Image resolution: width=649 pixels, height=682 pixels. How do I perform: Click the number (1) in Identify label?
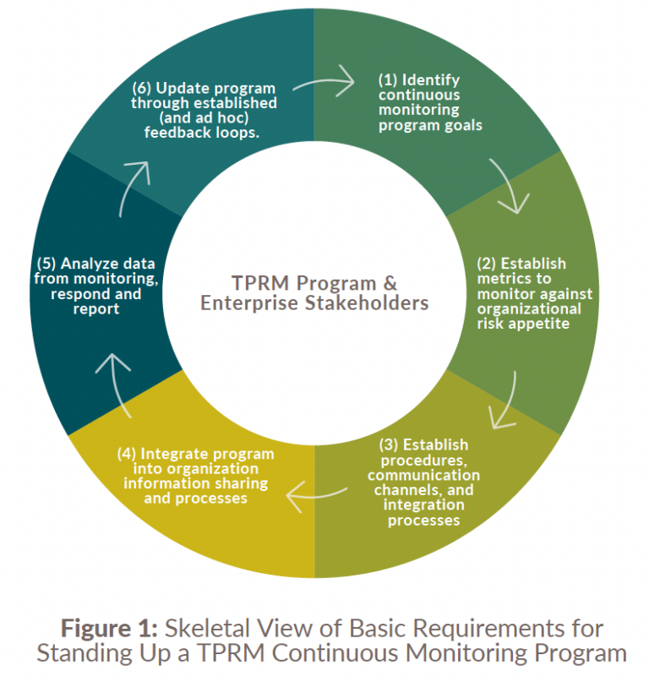[x=388, y=80]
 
